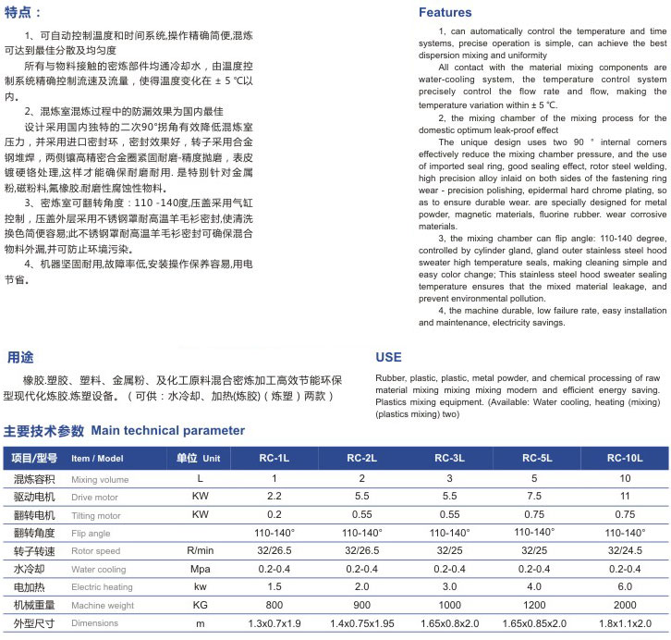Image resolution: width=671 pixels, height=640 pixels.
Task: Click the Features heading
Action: (445, 13)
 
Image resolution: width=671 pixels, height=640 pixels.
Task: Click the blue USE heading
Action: (388, 358)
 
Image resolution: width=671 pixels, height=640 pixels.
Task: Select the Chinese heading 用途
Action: (20, 357)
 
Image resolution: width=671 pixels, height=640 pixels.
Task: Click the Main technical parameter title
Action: (167, 431)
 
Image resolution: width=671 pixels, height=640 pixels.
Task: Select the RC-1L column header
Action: (274, 458)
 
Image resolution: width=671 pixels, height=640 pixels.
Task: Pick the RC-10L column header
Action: (625, 458)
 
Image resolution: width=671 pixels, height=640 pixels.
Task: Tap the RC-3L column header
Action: (449, 458)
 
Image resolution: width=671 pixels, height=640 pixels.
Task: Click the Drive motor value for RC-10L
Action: (625, 497)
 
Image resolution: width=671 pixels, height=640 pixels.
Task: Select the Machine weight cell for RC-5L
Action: (534, 605)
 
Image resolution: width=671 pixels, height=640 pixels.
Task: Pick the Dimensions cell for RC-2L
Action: (361, 624)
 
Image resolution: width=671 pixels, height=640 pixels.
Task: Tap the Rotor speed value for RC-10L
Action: (625, 551)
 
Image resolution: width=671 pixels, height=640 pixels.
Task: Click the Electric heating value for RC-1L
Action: (274, 587)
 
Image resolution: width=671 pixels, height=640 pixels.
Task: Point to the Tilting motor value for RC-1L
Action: (274, 514)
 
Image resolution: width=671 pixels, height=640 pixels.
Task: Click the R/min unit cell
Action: (200, 551)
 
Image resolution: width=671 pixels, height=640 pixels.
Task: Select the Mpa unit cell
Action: (200, 569)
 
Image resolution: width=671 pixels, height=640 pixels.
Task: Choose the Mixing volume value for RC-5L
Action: (534, 478)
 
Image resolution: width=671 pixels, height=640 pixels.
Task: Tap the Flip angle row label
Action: (91, 534)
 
